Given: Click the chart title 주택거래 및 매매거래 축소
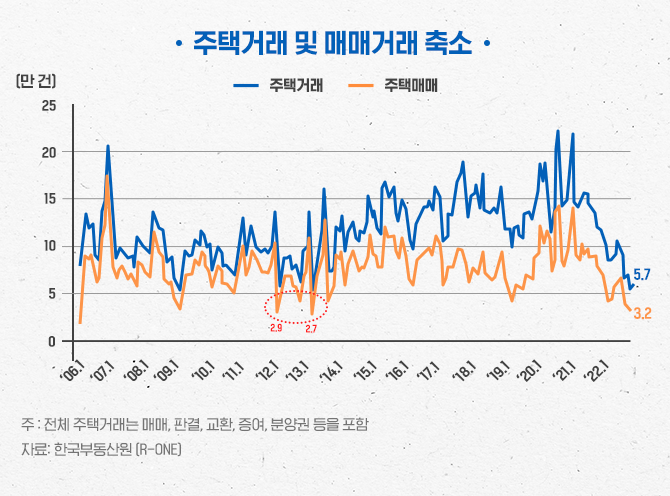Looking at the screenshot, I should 333,43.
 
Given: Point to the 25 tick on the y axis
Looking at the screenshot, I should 49,105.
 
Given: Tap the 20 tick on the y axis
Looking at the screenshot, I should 49,152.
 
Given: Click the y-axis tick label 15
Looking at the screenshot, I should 49,199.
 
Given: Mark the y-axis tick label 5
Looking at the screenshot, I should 53,294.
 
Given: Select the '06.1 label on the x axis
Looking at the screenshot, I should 72,371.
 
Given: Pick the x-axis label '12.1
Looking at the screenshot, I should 267,371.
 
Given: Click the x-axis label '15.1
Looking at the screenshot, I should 363,371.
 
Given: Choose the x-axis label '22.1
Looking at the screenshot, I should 594,371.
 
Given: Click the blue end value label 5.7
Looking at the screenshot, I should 642,275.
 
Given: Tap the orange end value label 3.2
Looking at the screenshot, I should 642,314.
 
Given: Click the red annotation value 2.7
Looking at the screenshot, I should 311,329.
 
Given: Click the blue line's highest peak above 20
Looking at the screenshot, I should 557,132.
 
